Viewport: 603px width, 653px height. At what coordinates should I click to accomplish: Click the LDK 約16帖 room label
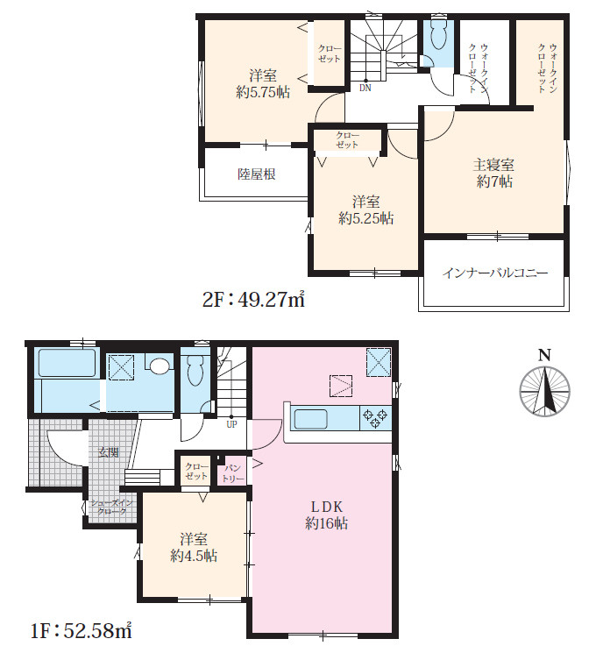click(327, 515)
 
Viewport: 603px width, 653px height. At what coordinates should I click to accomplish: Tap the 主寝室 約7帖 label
click(494, 174)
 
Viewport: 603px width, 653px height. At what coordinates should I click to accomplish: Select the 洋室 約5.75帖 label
click(263, 84)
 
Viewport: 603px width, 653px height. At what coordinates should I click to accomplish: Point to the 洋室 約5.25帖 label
click(365, 209)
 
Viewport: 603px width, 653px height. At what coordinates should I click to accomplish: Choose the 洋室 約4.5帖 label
click(194, 548)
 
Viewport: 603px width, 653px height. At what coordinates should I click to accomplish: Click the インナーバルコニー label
click(495, 273)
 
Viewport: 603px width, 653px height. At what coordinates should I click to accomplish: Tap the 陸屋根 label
click(257, 174)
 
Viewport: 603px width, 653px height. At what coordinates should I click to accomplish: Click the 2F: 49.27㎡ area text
click(253, 300)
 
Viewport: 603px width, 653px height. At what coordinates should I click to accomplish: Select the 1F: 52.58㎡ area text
click(82, 631)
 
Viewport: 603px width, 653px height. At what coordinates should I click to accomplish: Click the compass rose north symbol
click(544, 392)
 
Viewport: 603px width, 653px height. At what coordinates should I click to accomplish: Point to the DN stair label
click(365, 88)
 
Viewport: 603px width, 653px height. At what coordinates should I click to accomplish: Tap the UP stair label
click(231, 424)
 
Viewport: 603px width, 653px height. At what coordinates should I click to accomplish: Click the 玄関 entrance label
click(109, 452)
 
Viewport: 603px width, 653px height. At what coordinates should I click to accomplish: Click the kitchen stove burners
click(375, 419)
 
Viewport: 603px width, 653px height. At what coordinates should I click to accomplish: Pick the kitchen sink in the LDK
click(310, 419)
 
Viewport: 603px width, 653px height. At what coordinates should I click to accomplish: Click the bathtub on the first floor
click(67, 363)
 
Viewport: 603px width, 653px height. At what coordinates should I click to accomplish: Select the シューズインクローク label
click(111, 507)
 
